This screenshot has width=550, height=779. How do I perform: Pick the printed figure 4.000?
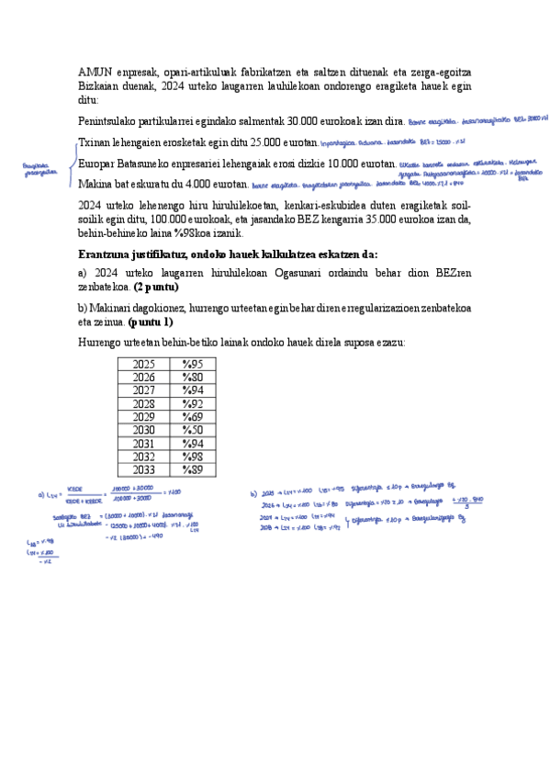pyautogui.click(x=207, y=184)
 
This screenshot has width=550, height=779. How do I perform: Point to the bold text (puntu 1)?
pyautogui.click(x=151, y=322)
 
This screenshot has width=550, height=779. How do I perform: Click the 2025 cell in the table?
pyautogui.click(x=144, y=365)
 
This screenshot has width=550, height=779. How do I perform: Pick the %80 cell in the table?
pyautogui.click(x=192, y=378)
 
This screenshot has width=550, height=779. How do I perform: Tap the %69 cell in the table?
pyautogui.click(x=192, y=417)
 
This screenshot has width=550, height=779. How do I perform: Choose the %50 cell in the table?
pyautogui.click(x=192, y=430)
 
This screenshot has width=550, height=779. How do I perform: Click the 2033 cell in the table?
pyautogui.click(x=144, y=469)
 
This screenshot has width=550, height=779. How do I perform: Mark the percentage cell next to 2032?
pyautogui.click(x=192, y=457)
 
